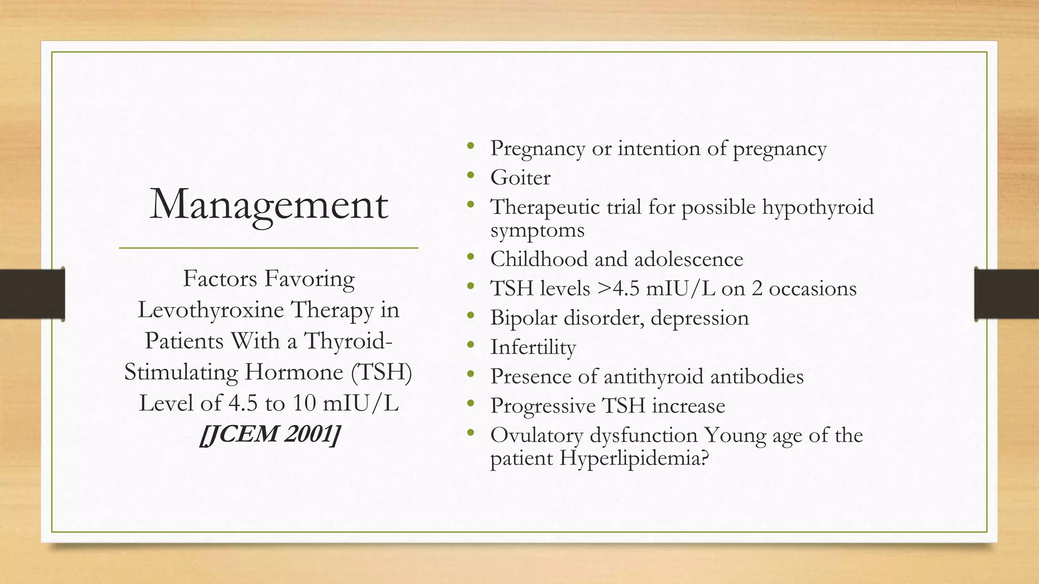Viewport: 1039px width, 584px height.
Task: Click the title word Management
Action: pos(268,204)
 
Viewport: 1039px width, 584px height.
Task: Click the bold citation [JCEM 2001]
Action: pos(269,434)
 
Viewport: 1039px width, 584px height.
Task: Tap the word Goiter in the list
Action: pos(520,178)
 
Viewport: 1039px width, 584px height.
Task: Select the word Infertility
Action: pos(533,347)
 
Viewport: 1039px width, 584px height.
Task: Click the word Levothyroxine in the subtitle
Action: pos(212,310)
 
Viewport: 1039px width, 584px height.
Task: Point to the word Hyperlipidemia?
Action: pos(634,458)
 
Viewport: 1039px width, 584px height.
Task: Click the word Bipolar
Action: pos(523,318)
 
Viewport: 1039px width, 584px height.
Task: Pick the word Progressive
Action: pos(542,406)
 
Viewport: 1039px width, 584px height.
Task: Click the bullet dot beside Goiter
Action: pos(471,175)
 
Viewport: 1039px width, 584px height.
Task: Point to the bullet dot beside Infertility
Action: pos(471,345)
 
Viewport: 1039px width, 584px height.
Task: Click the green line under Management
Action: pos(268,248)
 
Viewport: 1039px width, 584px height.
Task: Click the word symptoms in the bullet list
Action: pos(537,231)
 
